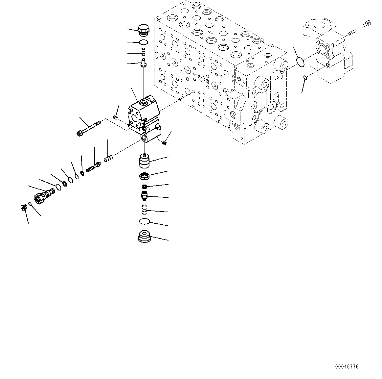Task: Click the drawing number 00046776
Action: pyautogui.click(x=347, y=366)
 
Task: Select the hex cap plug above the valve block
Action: pyautogui.click(x=143, y=30)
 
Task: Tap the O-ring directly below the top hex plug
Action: pyautogui.click(x=143, y=42)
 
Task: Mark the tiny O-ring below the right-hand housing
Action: pyautogui.click(x=305, y=78)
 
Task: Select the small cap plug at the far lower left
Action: pyautogui.click(x=23, y=207)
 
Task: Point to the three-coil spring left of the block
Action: pyautogui.click(x=108, y=159)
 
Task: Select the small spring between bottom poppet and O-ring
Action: pyautogui.click(x=144, y=208)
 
